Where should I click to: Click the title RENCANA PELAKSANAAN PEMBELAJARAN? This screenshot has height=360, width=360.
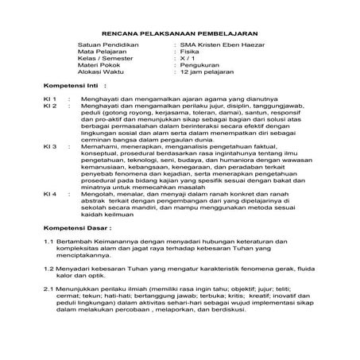(180, 25)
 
